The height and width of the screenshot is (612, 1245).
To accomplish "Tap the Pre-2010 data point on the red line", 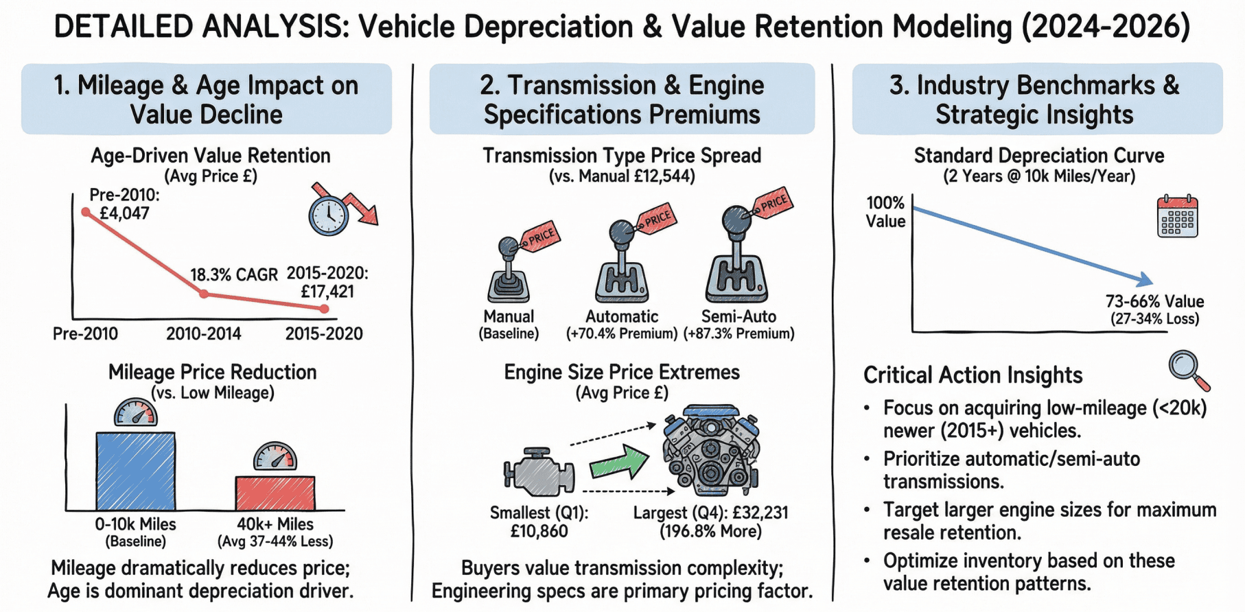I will (x=86, y=212).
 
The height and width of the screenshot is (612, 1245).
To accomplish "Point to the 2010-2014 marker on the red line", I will (x=204, y=294).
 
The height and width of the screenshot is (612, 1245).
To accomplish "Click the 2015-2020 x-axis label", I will (x=324, y=334).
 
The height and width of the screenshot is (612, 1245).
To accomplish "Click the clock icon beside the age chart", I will (x=328, y=216).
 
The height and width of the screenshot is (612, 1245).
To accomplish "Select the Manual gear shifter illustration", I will (x=509, y=271).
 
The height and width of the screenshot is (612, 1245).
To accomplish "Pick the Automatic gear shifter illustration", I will (x=621, y=264).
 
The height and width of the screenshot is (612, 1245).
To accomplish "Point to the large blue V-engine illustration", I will (x=710, y=449).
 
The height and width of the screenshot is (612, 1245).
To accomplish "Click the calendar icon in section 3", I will (x=1177, y=216).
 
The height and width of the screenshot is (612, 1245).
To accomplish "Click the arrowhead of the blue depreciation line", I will (x=1145, y=280).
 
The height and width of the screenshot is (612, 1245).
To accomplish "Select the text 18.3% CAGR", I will (x=233, y=275).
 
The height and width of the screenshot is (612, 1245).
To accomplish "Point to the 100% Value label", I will (x=885, y=212).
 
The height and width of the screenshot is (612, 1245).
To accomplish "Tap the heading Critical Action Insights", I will (x=973, y=375).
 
